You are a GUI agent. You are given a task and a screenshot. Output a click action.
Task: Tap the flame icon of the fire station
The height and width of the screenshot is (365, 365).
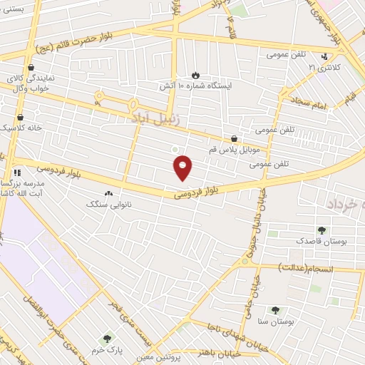point(195,74)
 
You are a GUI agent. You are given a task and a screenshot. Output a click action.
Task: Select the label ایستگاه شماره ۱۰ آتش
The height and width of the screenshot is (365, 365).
point(195,86)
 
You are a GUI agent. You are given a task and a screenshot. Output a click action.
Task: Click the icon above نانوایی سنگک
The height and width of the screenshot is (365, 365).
point(108,192)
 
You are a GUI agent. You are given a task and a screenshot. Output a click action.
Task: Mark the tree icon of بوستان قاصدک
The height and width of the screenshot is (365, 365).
point(322,230)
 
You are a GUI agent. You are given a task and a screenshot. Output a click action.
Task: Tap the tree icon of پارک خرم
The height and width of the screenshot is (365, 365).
point(108,338)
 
